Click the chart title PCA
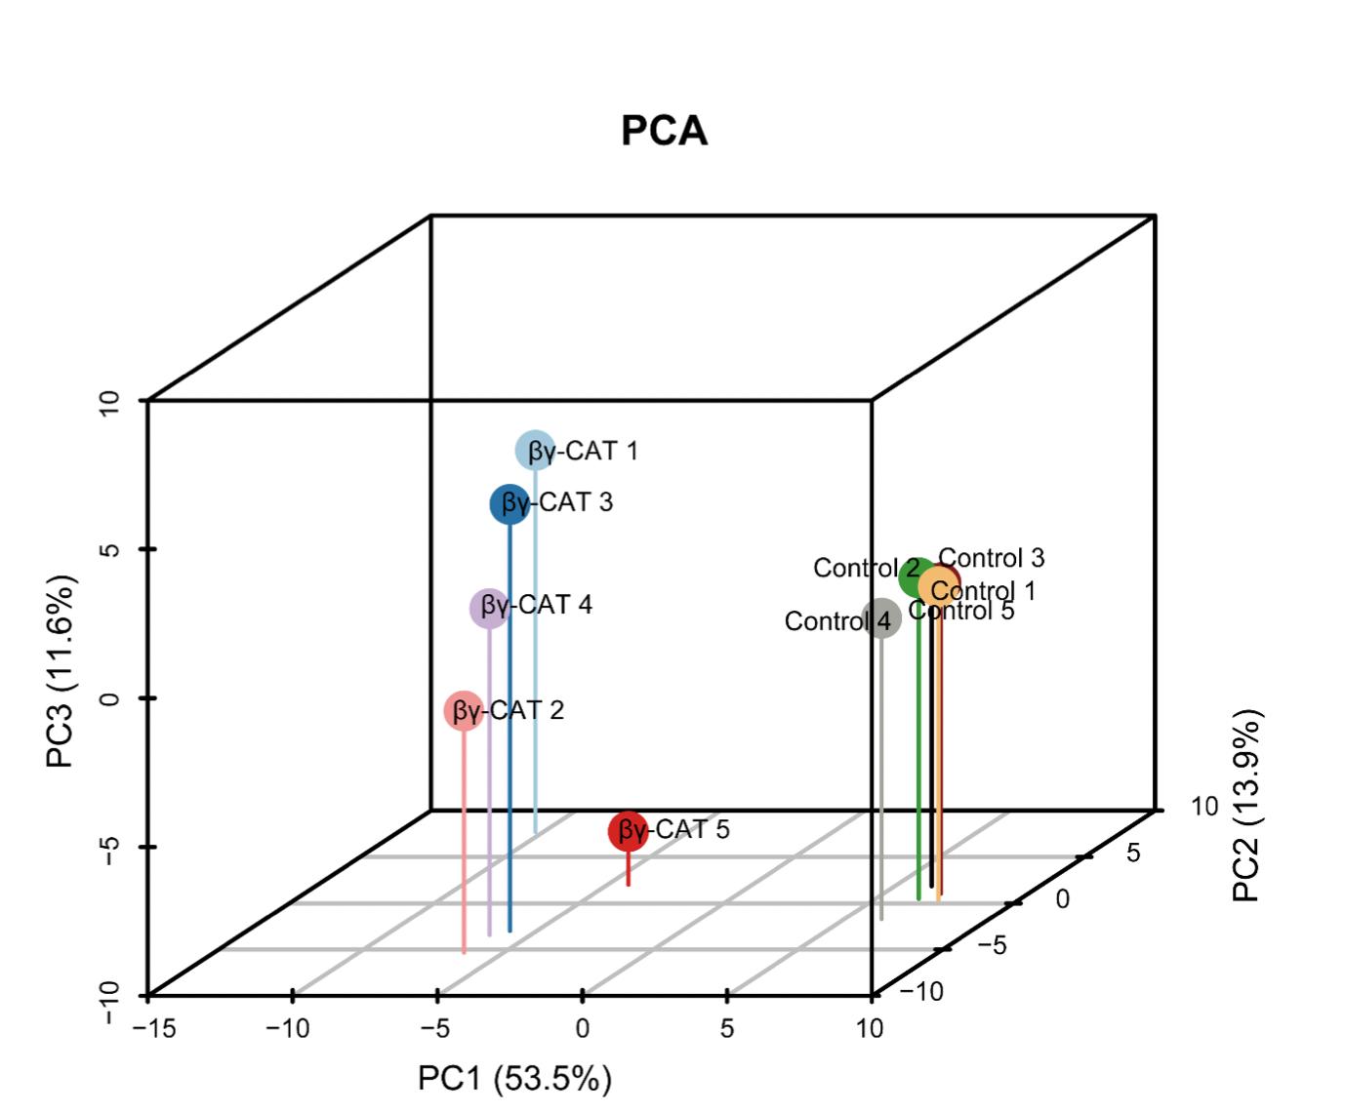click(664, 131)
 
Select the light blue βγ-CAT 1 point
click(534, 450)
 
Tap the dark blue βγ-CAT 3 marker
click(509, 503)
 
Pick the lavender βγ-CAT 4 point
click(489, 608)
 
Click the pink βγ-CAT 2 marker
click(464, 710)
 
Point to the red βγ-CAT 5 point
click(628, 831)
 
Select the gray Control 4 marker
click(881, 619)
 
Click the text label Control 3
click(991, 558)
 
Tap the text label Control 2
click(865, 568)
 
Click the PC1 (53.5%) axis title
click(514, 1079)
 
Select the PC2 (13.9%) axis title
click(1246, 805)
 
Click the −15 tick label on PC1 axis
click(152, 1029)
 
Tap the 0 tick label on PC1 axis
click(583, 1029)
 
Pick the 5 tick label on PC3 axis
click(110, 549)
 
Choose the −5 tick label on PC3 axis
click(110, 849)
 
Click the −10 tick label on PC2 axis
click(920, 992)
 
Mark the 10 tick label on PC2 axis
click(1204, 807)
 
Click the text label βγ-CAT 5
click(687, 829)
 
